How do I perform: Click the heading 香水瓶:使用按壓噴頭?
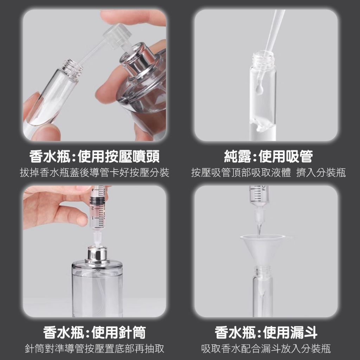pos(94,157)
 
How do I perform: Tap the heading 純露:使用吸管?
pos(268,157)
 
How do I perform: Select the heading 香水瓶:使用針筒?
pos(94,333)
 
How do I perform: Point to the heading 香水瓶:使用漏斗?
pos(266,333)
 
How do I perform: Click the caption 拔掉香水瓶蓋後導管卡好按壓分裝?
pos(94,173)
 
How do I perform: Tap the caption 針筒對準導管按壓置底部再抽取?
pos(94,348)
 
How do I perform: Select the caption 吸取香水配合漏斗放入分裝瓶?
pos(266,348)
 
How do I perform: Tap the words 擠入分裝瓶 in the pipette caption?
pos(321,173)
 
